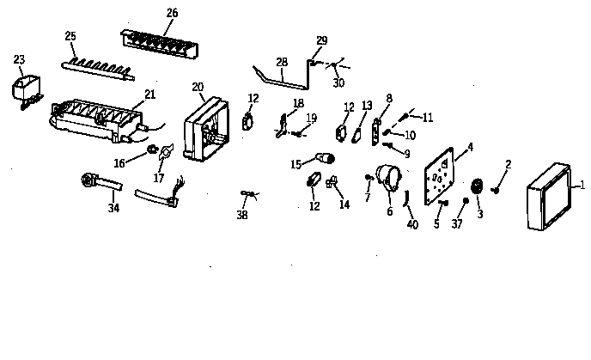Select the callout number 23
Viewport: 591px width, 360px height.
click(x=19, y=59)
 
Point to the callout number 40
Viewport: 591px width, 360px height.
click(x=412, y=225)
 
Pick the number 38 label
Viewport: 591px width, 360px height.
click(x=242, y=215)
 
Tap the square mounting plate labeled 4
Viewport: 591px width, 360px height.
click(x=439, y=177)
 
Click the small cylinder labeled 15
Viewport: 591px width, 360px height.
click(x=324, y=158)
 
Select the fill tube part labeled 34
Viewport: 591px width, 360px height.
click(x=99, y=183)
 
